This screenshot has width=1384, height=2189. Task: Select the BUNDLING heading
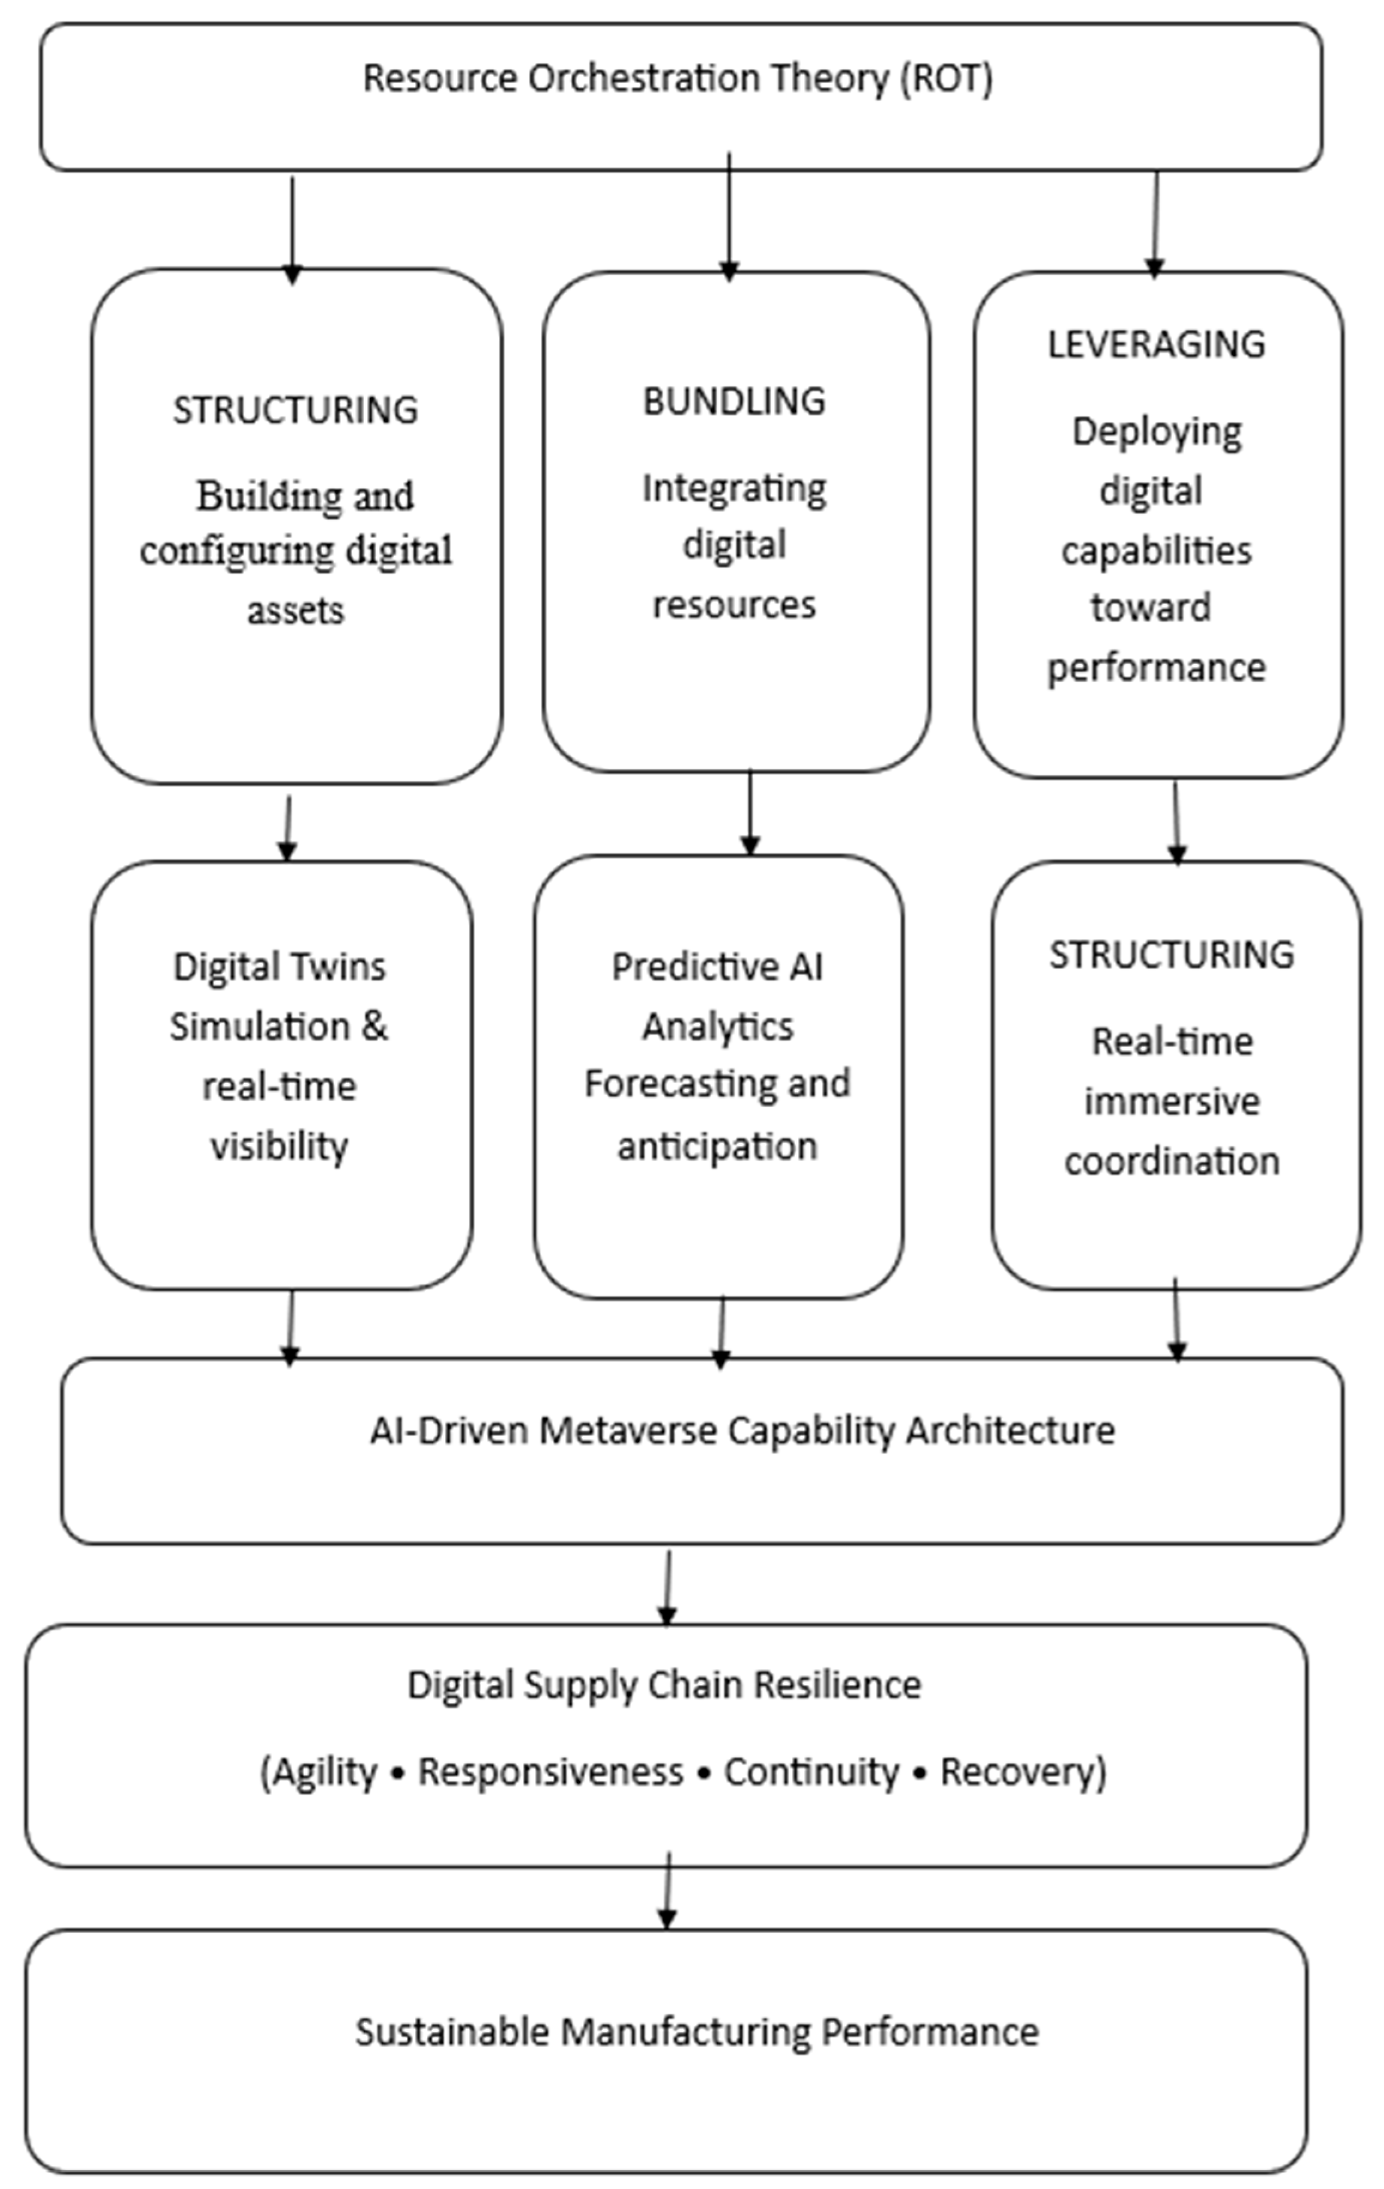click(734, 401)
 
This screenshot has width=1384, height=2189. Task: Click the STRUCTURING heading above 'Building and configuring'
click(296, 410)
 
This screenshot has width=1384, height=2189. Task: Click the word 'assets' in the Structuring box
click(296, 610)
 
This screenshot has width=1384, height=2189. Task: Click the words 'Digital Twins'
click(279, 966)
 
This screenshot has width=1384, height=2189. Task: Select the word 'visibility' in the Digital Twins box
click(279, 1146)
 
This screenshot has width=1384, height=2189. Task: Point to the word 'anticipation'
click(717, 1146)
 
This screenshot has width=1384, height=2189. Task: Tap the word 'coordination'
click(1172, 1161)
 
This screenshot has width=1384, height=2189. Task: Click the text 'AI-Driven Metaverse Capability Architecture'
click(741, 1430)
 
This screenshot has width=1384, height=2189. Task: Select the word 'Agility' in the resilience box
click(324, 1771)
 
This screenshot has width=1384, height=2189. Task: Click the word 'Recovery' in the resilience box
click(1021, 1771)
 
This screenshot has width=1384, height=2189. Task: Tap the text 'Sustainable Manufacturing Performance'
click(696, 2032)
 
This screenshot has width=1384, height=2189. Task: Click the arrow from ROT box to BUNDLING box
click(729, 218)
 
